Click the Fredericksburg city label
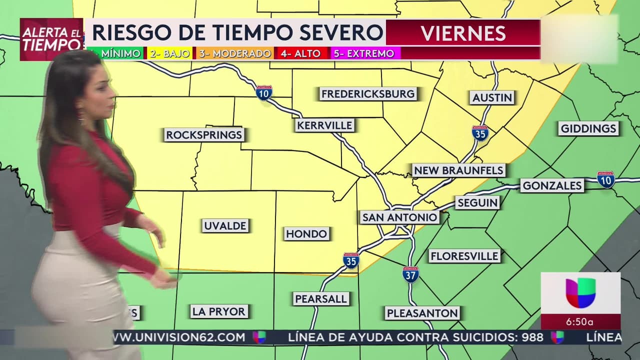tap(368, 94)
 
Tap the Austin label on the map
tap(492, 97)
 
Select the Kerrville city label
tap(324, 125)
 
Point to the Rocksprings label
tap(204, 134)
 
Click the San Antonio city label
tap(400, 217)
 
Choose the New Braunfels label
tap(458, 170)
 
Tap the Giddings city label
tap(588, 128)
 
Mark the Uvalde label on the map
tap(225, 226)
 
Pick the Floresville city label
tap(464, 256)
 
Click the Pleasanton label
tap(422, 313)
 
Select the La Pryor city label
tap(219, 311)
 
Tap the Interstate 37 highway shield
tap(410, 274)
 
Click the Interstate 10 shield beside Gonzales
tap(605, 179)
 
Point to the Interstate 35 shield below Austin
tap(480, 133)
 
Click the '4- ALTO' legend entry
tap(300, 53)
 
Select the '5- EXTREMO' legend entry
tap(364, 53)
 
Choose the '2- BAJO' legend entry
tap(170, 53)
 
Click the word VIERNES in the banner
tap(463, 33)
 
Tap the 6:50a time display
tap(580, 322)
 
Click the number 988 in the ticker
tap(532, 337)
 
